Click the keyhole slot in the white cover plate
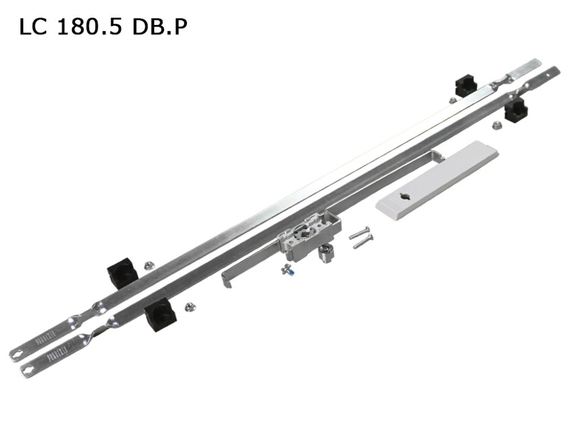pos(406,197)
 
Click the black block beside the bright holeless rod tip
pos(465,85)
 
